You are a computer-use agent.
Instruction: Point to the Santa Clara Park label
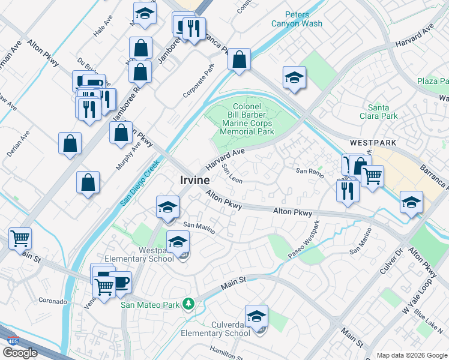[382, 111]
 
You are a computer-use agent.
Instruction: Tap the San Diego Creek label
[139, 183]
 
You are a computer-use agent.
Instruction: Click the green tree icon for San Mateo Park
[188, 304]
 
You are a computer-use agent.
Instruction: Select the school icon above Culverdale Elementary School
[256, 316]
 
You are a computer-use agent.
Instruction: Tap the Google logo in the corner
[20, 352]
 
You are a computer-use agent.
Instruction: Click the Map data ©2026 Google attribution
[411, 355]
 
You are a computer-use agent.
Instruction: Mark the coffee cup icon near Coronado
[121, 282]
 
